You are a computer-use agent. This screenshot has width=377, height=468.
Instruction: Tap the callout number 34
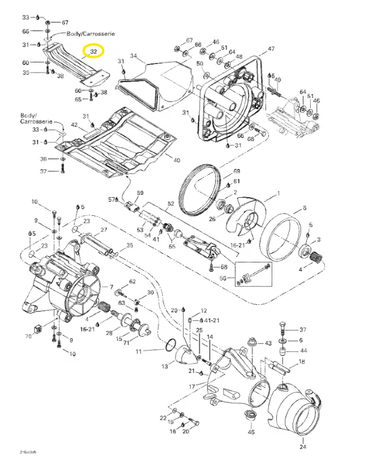click(x=134, y=56)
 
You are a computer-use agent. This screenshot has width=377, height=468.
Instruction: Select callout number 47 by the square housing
click(x=271, y=49)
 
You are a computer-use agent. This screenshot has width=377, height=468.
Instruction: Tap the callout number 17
click(x=192, y=386)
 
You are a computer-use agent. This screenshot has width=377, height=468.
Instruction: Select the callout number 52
click(x=170, y=203)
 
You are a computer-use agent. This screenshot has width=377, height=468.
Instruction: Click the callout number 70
click(x=28, y=337)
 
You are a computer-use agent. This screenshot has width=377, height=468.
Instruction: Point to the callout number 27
click(x=104, y=230)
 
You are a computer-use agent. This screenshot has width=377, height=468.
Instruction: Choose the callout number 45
click(x=251, y=432)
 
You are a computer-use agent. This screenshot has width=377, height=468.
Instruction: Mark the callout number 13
click(x=165, y=367)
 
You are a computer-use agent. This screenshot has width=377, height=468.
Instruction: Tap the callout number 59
click(x=140, y=193)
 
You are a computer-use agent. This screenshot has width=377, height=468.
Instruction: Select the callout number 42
click(x=74, y=125)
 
